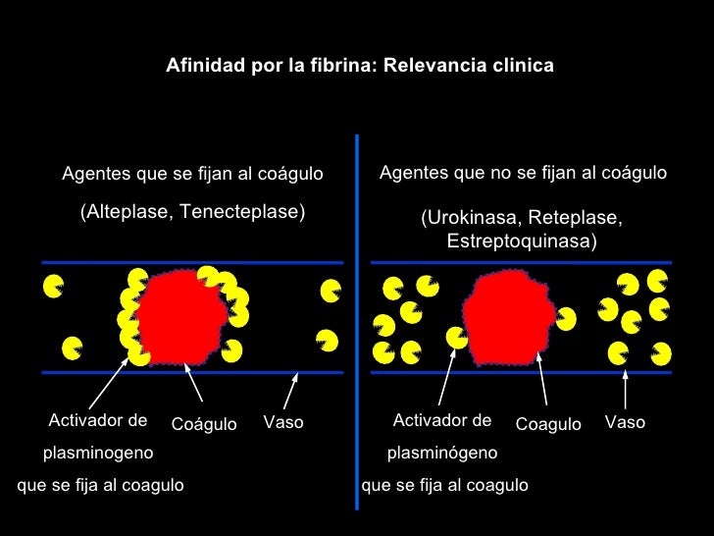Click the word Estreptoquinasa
[521, 241]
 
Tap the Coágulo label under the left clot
[204, 424]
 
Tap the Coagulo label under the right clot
[548, 424]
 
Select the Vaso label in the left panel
[283, 423]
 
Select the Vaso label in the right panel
[625, 422]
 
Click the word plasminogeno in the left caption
[97, 454]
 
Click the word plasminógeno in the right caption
[442, 454]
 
